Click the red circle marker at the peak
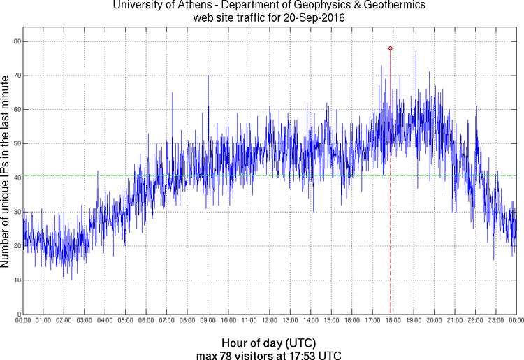390,48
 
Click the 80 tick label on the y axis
15,41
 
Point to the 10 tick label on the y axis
15,280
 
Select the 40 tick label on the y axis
15,178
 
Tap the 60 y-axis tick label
15,109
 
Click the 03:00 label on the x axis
84,320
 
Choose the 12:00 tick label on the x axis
270,320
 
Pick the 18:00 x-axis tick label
393,320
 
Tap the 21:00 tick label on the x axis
455,320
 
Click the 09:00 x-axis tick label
208,320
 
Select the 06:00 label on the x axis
146,320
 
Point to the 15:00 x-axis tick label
331,320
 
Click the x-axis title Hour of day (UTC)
268,343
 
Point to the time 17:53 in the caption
307,355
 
